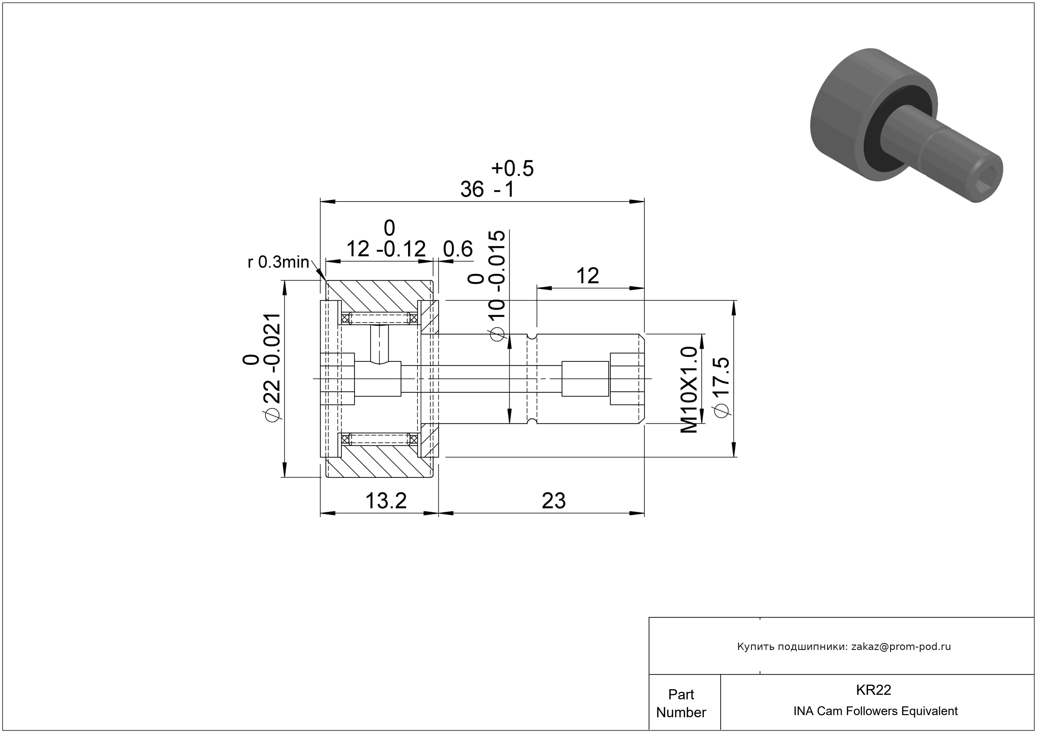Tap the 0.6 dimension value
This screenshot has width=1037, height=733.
[457, 249]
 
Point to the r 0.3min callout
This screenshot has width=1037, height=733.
[278, 262]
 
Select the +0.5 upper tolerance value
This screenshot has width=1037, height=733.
[512, 168]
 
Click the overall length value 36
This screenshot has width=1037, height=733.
[472, 189]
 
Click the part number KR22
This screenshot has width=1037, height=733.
[873, 690]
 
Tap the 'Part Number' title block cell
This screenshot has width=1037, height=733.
[681, 703]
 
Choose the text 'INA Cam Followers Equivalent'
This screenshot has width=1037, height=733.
[875, 711]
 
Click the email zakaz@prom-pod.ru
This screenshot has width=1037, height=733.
[901, 647]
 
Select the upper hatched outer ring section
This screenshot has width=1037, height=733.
[379, 296]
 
